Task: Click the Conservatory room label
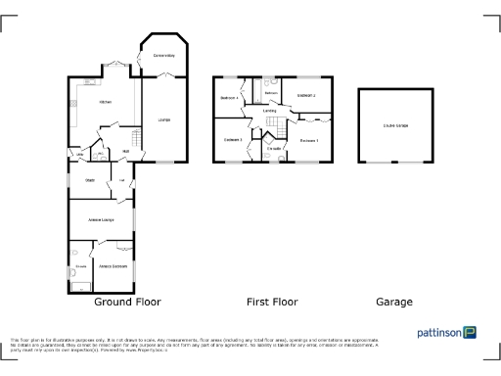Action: coord(163,57)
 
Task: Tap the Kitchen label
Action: coord(105,102)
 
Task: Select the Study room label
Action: coord(88,180)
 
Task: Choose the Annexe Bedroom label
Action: coord(114,266)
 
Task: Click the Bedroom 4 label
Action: coord(230,98)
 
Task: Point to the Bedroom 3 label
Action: coord(233,140)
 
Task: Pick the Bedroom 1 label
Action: coord(309,141)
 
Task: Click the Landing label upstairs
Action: coord(270,112)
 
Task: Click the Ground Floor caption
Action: coord(127,302)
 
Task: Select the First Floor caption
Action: coord(271,302)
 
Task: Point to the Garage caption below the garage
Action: coord(394,302)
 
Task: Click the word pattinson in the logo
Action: coord(439,332)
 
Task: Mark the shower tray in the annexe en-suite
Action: coord(77,285)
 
